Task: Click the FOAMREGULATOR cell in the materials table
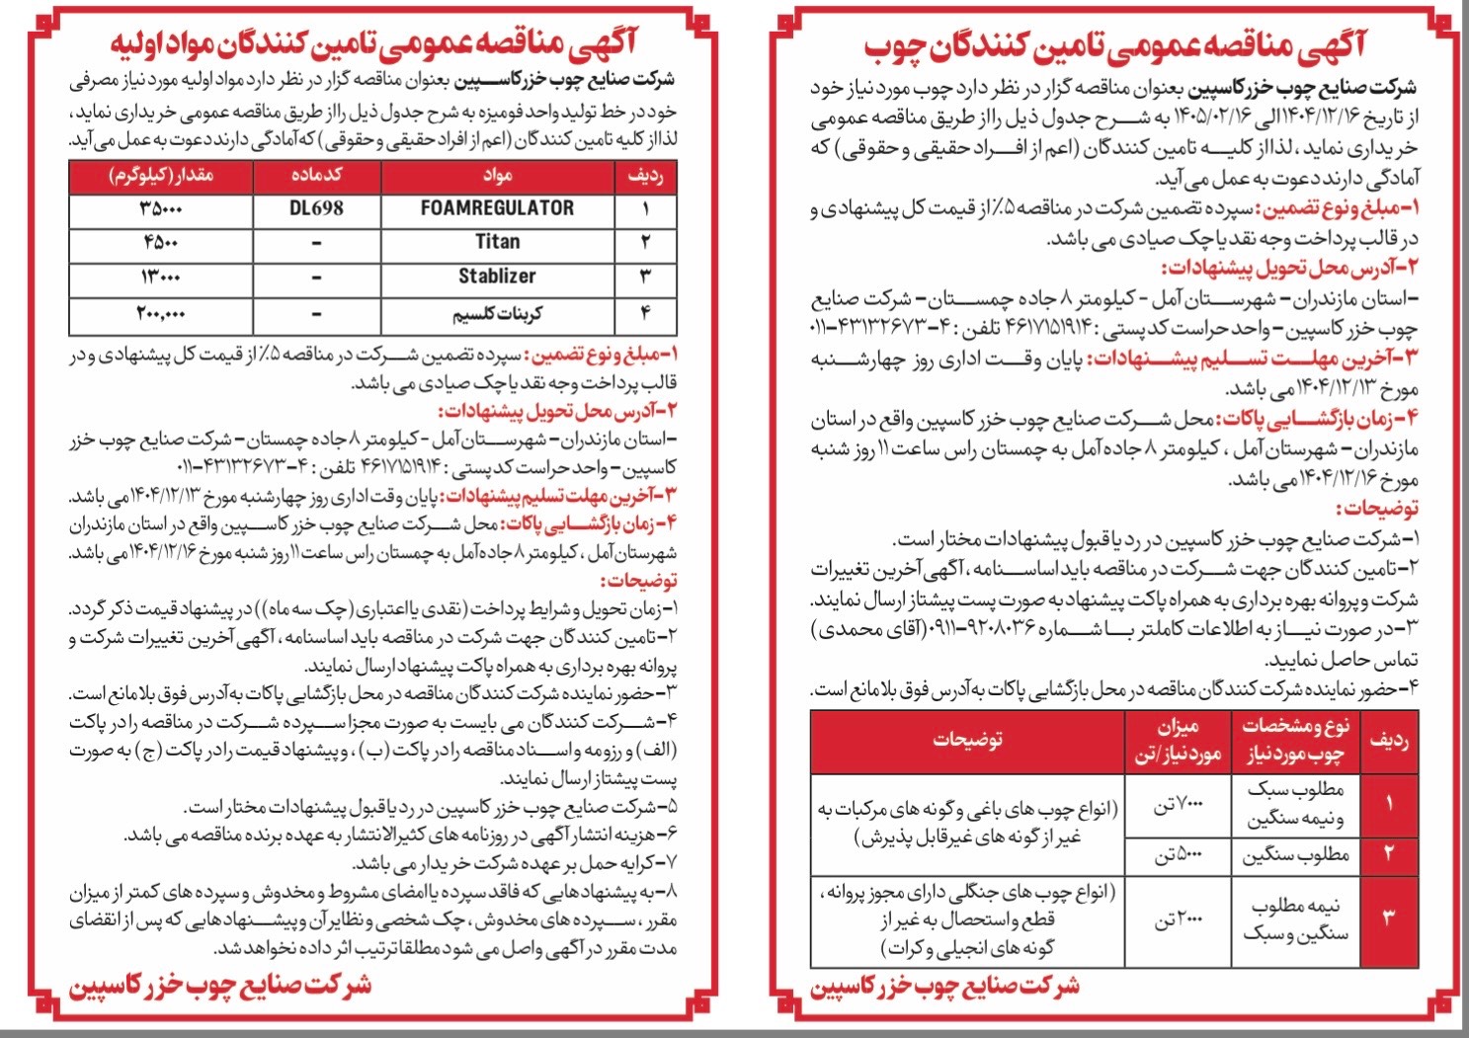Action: pyautogui.click(x=497, y=208)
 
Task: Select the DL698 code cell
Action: pyautogui.click(x=316, y=208)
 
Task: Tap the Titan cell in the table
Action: pyautogui.click(x=497, y=242)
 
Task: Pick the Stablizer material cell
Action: pyautogui.click(x=497, y=277)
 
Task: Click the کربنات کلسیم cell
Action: pyautogui.click(x=497, y=314)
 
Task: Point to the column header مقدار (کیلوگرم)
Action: pyautogui.click(x=161, y=176)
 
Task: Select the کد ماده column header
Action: pyautogui.click(x=316, y=176)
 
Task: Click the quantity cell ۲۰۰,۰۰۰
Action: pyautogui.click(x=161, y=314)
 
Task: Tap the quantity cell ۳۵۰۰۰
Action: pyautogui.click(x=161, y=208)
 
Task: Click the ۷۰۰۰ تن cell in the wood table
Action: pyautogui.click(x=1178, y=806)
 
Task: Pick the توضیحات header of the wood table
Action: pyautogui.click(x=967, y=740)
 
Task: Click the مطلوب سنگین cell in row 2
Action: pyautogui.click(x=1295, y=855)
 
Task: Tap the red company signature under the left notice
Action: pyautogui.click(x=219, y=985)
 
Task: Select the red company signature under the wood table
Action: pyautogui.click(x=944, y=987)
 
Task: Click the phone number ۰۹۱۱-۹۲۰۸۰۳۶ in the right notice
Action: pyautogui.click(x=978, y=629)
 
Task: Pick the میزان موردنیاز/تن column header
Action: pyautogui.click(x=1178, y=740)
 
